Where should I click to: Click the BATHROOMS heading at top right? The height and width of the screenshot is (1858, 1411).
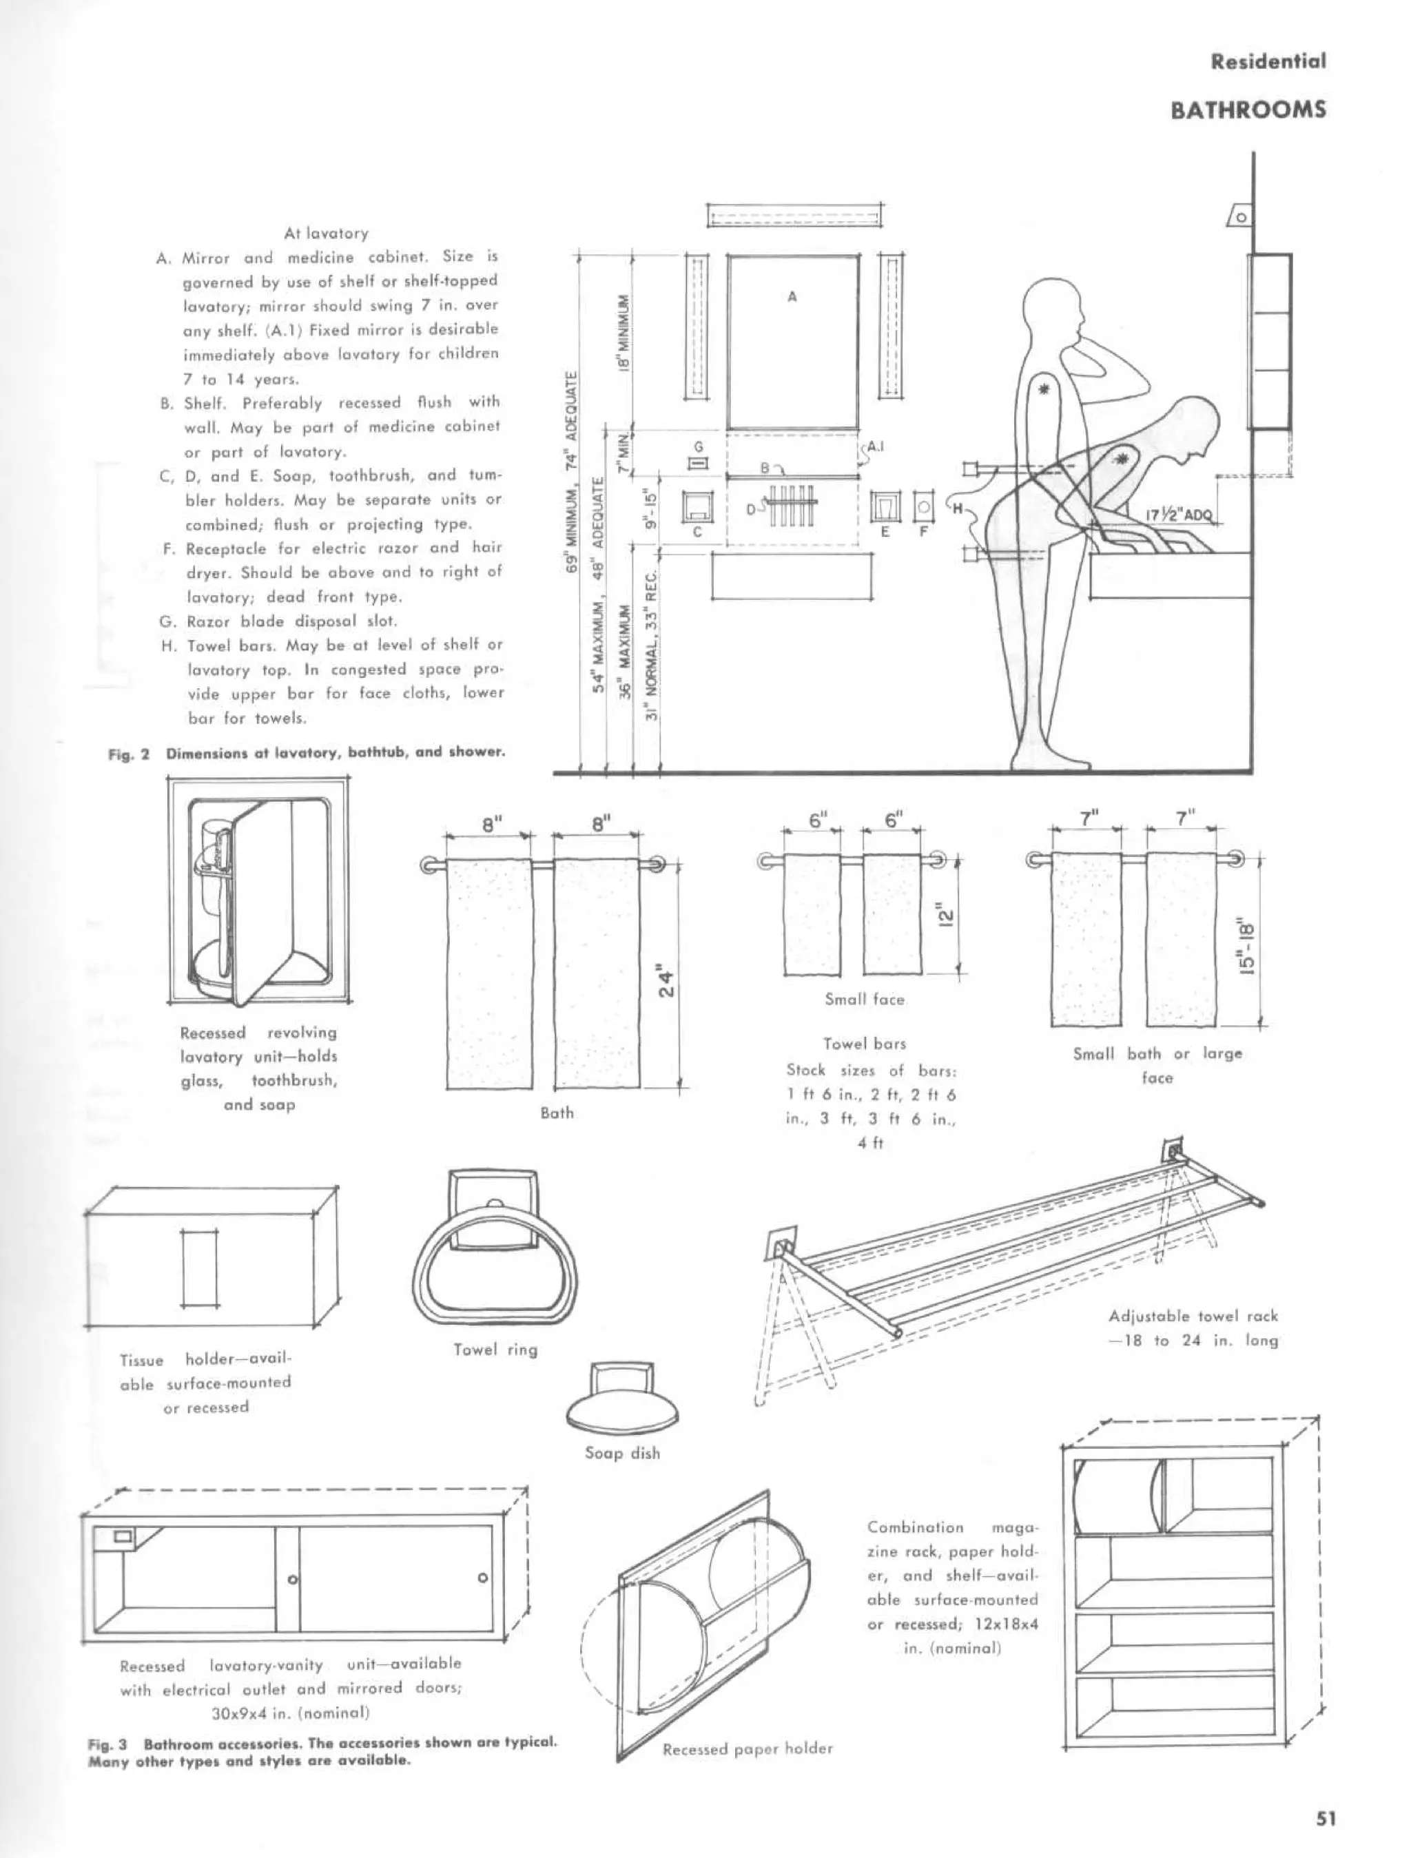[x=1248, y=110]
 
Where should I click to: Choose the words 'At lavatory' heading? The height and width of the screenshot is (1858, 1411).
[x=326, y=233]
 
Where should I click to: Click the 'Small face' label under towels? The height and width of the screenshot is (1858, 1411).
[x=864, y=999]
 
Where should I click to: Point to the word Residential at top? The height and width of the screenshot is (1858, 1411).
[x=1268, y=61]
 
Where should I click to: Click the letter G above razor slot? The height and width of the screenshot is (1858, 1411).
[x=697, y=447]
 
